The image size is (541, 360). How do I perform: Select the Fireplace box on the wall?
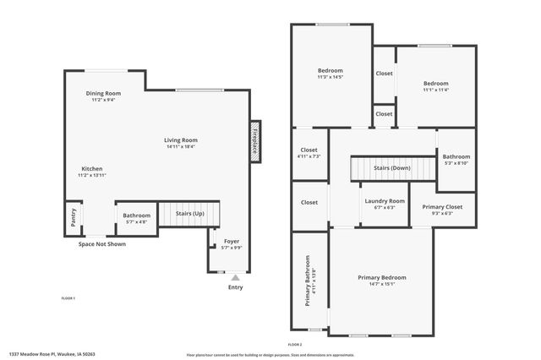[254, 139]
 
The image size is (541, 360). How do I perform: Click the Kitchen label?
[92, 169]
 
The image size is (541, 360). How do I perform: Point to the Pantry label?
[74, 217]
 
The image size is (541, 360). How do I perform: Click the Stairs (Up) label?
[189, 214]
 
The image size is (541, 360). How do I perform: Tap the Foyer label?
[232, 242]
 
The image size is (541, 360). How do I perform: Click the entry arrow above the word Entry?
[235, 276]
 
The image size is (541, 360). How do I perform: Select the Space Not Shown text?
[102, 244]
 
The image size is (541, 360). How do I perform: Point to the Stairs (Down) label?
[393, 167]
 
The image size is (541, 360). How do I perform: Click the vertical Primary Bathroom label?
[308, 280]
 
